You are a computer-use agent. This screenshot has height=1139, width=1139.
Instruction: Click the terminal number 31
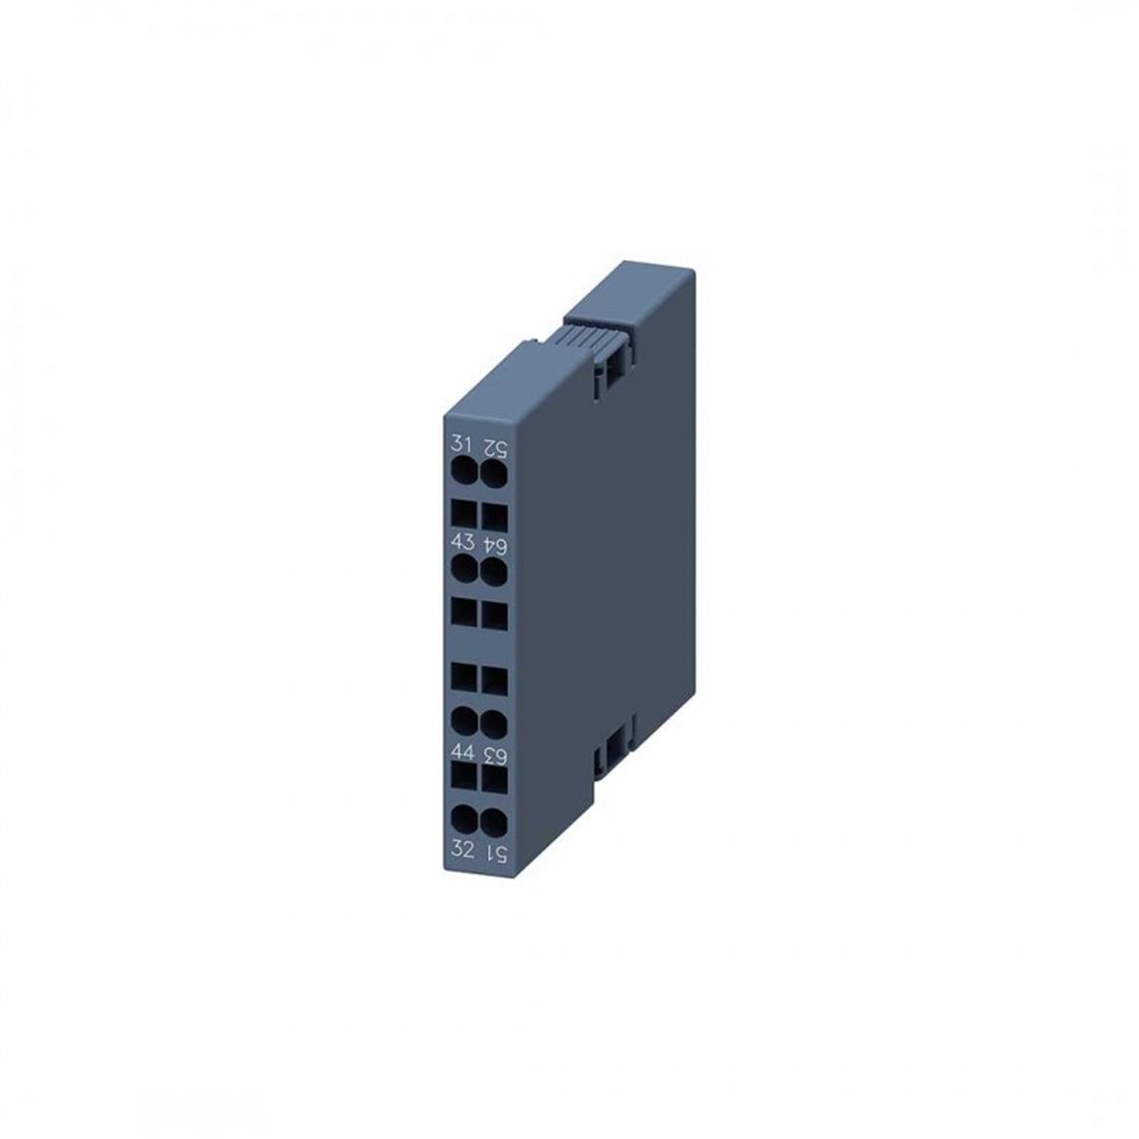(462, 444)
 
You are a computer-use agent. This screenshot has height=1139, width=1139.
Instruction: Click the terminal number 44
(462, 754)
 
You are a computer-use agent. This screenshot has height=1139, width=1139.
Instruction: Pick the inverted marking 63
(494, 755)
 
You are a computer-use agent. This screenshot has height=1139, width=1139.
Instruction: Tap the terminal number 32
(462, 850)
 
